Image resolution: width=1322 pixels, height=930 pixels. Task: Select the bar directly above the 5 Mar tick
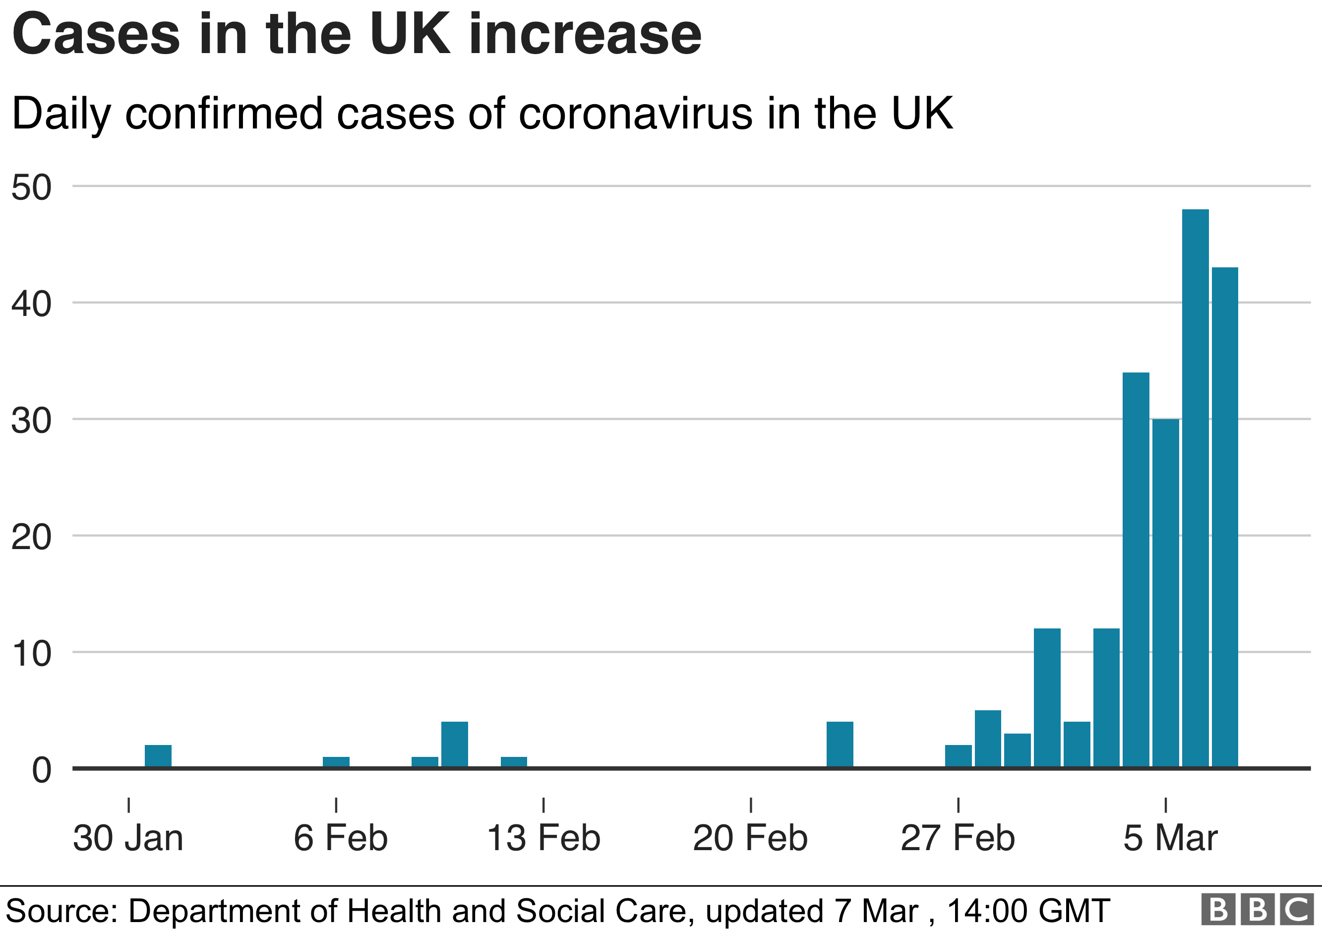1165,593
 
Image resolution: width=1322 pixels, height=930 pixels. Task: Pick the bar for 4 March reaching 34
1136,570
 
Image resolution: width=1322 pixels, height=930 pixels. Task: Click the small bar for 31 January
158,756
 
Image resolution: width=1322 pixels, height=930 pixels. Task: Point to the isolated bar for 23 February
840,744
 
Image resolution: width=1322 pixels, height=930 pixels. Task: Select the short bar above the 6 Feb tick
336,762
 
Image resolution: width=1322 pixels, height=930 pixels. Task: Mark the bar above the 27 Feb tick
958,756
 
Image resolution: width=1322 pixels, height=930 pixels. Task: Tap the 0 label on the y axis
42,770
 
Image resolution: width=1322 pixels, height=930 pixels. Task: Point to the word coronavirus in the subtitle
636,114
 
